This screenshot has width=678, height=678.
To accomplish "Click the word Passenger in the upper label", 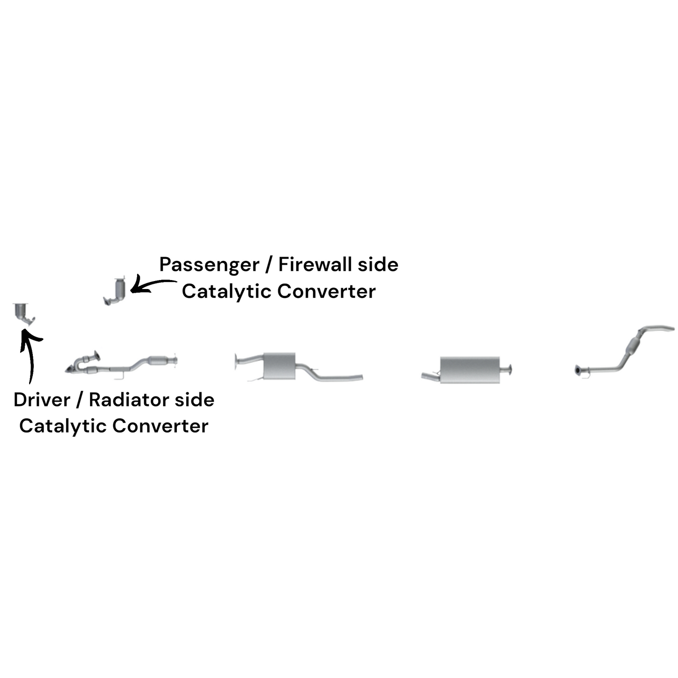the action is coord(209,265).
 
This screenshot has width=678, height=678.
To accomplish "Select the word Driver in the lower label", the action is coord(42,400).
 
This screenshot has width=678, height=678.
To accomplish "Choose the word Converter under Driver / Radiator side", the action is coord(160,426).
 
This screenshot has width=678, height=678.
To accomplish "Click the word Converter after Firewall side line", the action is coord(327,291).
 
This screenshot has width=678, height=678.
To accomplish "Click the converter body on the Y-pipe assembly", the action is coord(158,360).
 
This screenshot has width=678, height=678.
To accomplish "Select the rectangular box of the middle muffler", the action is coord(279,366).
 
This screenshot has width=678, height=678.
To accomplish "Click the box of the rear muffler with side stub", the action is coord(470,370).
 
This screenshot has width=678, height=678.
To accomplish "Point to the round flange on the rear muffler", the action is coord(510,370).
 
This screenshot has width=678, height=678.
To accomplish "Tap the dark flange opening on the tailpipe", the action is coord(578,371).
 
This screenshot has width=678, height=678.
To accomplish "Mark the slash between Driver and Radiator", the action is coord(79,400).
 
